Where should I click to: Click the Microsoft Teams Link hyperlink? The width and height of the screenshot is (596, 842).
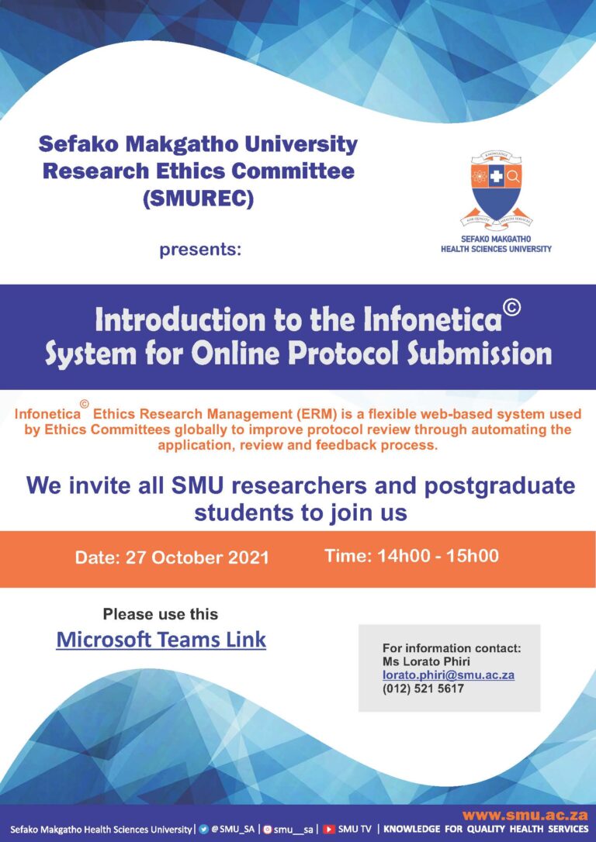(161, 640)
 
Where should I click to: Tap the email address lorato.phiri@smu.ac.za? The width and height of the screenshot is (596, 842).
(449, 675)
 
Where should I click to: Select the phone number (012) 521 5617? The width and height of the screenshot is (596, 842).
(423, 689)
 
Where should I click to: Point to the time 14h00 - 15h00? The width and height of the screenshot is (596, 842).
(438, 556)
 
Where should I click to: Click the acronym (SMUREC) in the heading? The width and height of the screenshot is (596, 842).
(199, 198)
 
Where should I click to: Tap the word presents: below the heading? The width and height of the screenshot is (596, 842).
(200, 250)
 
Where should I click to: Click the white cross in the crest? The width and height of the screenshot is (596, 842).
(496, 176)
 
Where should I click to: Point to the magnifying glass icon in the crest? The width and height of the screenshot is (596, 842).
(513, 176)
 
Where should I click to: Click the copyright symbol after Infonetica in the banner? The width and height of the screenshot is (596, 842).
(512, 308)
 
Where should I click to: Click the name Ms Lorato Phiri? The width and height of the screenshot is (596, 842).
(426, 661)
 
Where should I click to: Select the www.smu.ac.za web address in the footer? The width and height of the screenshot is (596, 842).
(525, 816)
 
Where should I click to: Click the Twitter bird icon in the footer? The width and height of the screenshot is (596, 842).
(203, 829)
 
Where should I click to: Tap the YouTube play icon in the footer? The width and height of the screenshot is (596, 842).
(329, 830)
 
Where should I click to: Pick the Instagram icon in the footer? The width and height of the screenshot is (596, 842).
(268, 830)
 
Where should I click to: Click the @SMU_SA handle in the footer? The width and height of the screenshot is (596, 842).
(233, 829)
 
